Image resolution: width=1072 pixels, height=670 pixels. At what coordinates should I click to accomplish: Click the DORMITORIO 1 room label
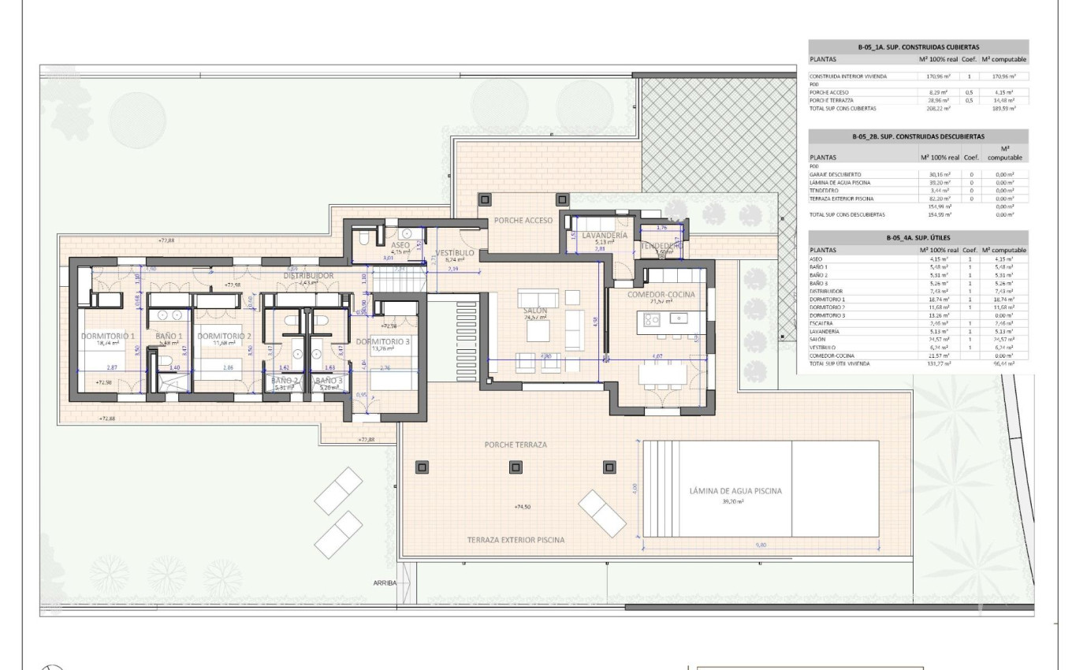click(108, 336)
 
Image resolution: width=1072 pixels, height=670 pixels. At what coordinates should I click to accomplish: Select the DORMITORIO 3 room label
click(382, 341)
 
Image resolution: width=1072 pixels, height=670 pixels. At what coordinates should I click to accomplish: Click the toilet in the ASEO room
click(363, 236)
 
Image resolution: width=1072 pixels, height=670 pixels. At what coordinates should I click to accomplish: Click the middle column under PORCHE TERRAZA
click(516, 467)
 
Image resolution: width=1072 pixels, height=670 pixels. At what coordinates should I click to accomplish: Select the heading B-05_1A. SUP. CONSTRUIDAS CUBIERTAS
click(918, 47)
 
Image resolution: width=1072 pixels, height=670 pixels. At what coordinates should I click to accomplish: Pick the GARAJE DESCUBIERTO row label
click(835, 173)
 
